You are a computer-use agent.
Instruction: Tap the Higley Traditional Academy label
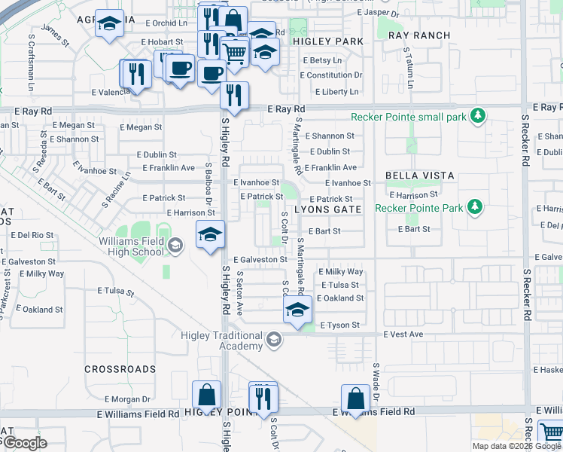tap(221, 340)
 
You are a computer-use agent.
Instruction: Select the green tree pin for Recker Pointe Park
tap(474, 206)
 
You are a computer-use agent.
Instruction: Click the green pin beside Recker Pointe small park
tap(476, 116)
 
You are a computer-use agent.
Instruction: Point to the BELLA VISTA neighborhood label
tap(420, 176)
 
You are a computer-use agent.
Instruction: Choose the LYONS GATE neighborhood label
tap(328, 209)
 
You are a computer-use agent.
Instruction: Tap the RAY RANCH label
tap(420, 35)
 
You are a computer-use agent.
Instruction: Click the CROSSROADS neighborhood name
tap(120, 369)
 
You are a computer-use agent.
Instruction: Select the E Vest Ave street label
tap(403, 334)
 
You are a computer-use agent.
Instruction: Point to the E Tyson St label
tap(340, 325)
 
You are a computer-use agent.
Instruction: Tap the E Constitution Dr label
tap(331, 75)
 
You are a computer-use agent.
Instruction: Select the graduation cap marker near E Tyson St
tap(298, 310)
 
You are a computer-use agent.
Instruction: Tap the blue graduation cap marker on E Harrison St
tap(210, 234)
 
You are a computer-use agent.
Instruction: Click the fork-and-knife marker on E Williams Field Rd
tap(263, 397)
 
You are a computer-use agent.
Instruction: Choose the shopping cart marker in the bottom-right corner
tap(552, 433)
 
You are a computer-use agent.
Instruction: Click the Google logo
tap(24, 443)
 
